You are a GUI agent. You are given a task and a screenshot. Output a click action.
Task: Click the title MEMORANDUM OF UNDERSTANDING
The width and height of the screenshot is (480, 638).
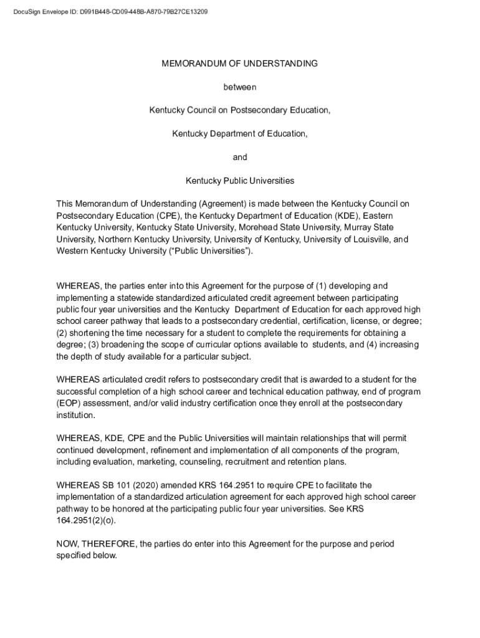click(240, 64)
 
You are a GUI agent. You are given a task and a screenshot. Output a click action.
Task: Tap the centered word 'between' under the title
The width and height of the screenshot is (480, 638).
click(240, 87)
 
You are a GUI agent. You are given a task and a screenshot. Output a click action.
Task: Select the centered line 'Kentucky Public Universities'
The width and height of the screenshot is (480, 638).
click(240, 181)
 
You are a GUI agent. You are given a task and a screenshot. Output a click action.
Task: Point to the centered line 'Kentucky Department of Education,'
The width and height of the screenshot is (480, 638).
click(240, 134)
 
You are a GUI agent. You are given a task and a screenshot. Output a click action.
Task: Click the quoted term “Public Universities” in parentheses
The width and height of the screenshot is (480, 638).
click(211, 251)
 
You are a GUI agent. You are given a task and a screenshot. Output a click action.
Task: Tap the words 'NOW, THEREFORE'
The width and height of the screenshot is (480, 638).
click(97, 544)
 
